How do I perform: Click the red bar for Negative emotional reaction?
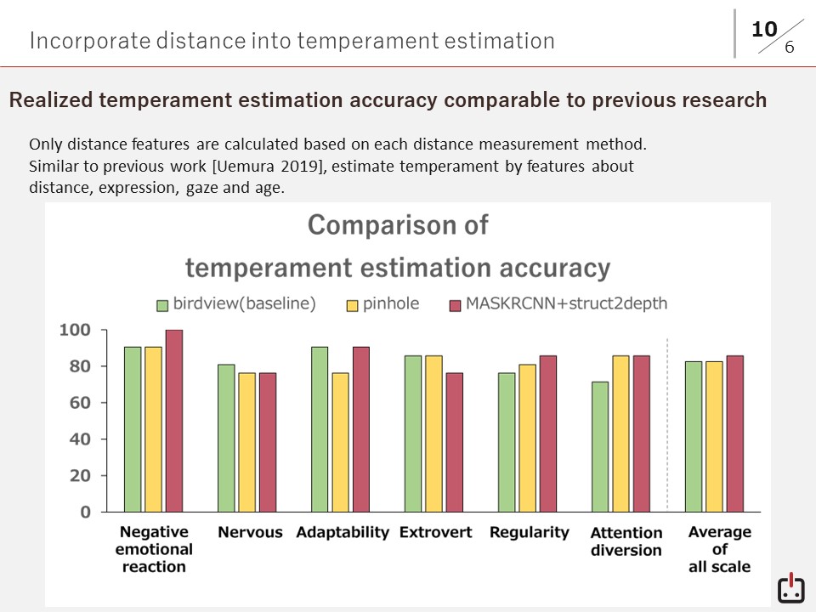point(173,421)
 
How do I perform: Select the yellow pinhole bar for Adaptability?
point(340,442)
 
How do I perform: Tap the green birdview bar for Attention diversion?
point(600,446)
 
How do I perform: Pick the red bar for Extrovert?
point(454,442)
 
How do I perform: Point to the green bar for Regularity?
point(507,442)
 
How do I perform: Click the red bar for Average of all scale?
point(734,433)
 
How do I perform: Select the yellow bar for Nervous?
point(246,442)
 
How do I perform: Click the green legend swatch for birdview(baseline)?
point(162,304)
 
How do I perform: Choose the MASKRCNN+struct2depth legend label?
point(566,304)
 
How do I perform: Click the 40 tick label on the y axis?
point(78,439)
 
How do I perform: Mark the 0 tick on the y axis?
point(85,512)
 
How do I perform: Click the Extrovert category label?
point(435,533)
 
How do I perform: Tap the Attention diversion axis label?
point(626,541)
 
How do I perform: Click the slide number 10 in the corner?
point(764,30)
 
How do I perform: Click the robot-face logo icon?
point(790,588)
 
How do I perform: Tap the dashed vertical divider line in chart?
point(667,425)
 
